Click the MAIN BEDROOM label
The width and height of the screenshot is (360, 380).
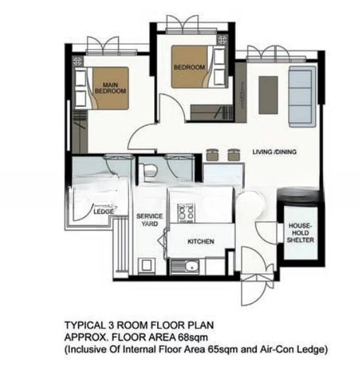coord(110,87)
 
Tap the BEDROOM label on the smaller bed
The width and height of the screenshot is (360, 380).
coord(189,67)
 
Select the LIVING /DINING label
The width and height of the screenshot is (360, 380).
coord(274,153)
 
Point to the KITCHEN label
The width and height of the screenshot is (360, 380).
coord(200,242)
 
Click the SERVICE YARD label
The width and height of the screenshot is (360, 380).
coord(150,220)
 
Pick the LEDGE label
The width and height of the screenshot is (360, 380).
coord(103,213)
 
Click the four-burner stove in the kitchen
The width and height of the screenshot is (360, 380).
coord(186,213)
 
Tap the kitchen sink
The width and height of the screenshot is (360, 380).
coord(188,267)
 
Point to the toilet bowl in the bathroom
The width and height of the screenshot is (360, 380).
coord(150,170)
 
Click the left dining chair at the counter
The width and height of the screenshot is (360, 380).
coord(213,155)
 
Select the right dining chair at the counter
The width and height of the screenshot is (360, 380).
coord(234,155)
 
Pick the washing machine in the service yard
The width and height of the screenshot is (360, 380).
coord(146,266)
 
